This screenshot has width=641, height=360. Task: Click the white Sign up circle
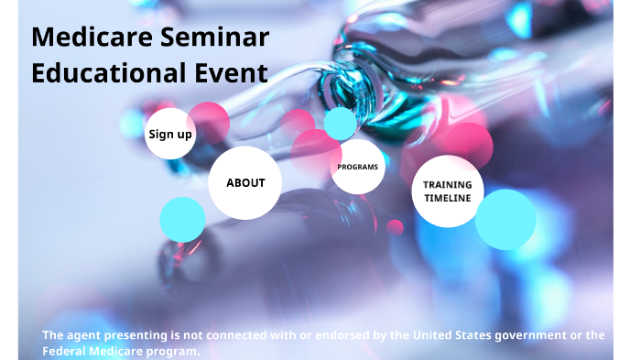pos(169,134)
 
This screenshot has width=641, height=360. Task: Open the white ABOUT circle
pos(245,182)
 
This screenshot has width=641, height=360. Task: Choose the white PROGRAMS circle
pos(357,167)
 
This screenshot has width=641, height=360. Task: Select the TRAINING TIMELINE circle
pos(447,191)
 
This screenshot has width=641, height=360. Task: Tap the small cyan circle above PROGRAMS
pos(340,123)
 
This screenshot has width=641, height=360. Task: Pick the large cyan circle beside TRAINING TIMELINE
pos(505,220)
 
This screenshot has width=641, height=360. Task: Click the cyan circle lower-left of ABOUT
pos(182,220)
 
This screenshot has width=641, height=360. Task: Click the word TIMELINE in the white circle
pos(447,198)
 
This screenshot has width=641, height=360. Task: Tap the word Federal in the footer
pos(63,351)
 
